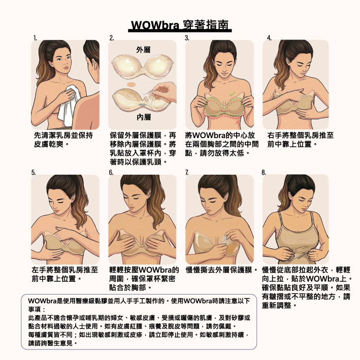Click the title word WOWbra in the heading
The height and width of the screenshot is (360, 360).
(x=155, y=25)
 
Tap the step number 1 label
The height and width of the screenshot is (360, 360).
(x=35, y=38)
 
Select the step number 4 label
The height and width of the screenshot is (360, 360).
(x=269, y=38)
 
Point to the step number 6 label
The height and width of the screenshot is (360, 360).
(x=111, y=173)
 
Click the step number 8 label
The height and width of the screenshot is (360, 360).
(x=264, y=173)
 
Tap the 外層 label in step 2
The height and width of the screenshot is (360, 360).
(x=143, y=50)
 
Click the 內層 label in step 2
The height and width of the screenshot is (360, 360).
(x=144, y=117)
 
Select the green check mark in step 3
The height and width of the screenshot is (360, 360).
(x=232, y=93)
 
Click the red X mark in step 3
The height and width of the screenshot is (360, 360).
(x=237, y=122)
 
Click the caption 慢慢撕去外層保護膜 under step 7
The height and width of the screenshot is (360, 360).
(x=219, y=270)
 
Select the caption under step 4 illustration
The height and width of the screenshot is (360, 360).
(x=300, y=140)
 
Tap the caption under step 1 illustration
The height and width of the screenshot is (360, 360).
(x=63, y=140)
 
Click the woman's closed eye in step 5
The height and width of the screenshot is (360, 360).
(x=60, y=202)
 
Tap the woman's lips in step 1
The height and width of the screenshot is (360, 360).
(x=66, y=68)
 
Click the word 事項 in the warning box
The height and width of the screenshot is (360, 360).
(x=34, y=309)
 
